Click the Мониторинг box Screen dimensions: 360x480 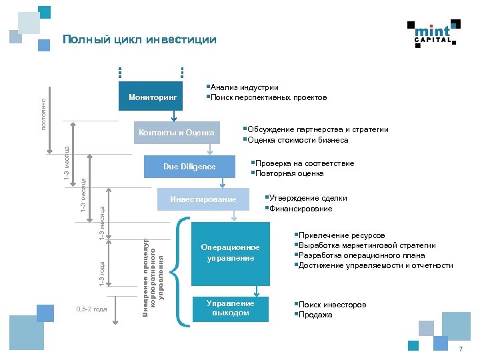153,98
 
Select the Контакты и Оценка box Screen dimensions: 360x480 176,133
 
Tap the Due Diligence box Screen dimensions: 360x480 189,166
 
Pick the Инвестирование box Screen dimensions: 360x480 203,200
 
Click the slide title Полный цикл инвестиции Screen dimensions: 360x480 139,40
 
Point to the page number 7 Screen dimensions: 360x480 459,350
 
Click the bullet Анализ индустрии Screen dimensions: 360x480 244,87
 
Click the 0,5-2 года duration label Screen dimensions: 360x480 91,309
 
